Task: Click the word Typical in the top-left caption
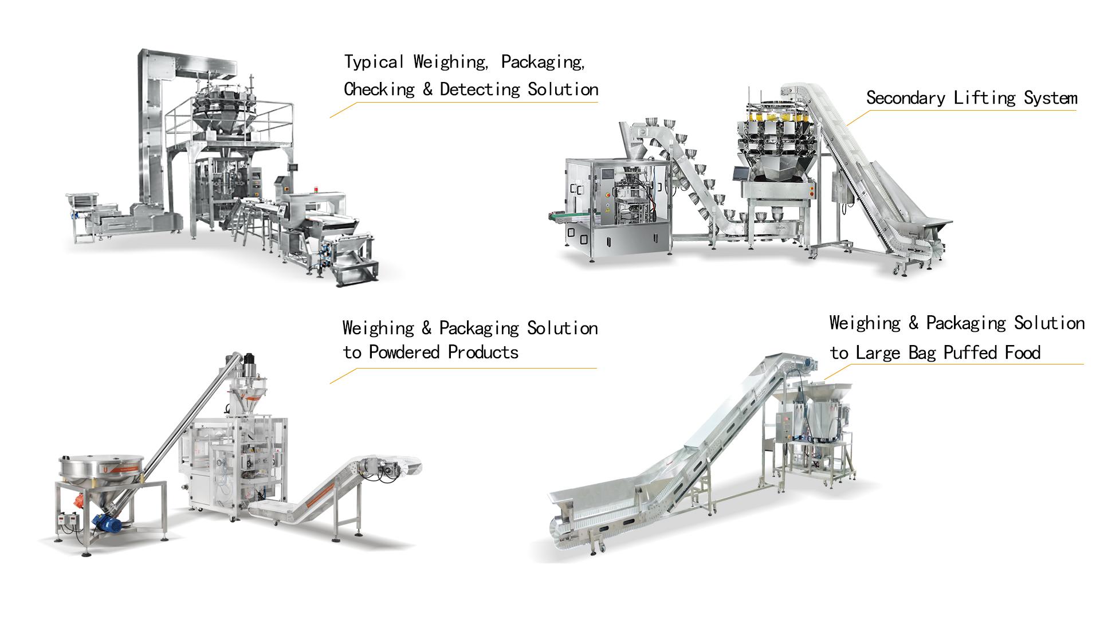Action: coord(375,62)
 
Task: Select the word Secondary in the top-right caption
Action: coord(906,99)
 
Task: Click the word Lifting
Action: coord(984,99)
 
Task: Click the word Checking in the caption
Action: coord(379,90)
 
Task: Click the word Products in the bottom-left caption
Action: coord(484,352)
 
